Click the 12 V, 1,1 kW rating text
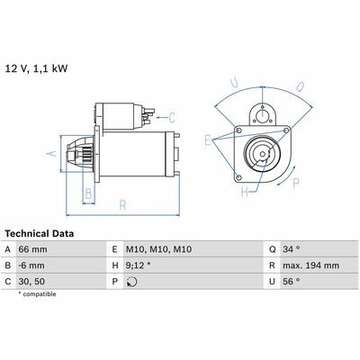click(x=36, y=68)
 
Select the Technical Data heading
click(x=40, y=234)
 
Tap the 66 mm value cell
click(x=32, y=249)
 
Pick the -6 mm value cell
click(x=31, y=265)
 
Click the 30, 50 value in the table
click(x=31, y=282)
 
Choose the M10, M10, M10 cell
click(x=158, y=249)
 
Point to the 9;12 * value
click(x=139, y=265)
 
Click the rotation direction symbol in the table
click(x=131, y=282)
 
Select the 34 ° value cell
click(x=291, y=249)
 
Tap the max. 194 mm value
click(x=310, y=265)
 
